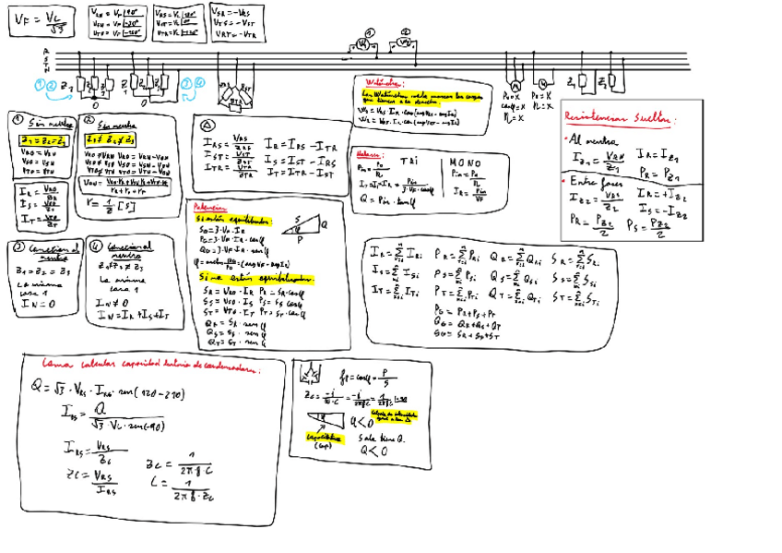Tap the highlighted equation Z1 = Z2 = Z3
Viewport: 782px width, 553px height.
click(41, 139)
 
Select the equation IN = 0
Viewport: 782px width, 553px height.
click(35, 301)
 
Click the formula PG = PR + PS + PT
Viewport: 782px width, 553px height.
click(471, 312)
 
